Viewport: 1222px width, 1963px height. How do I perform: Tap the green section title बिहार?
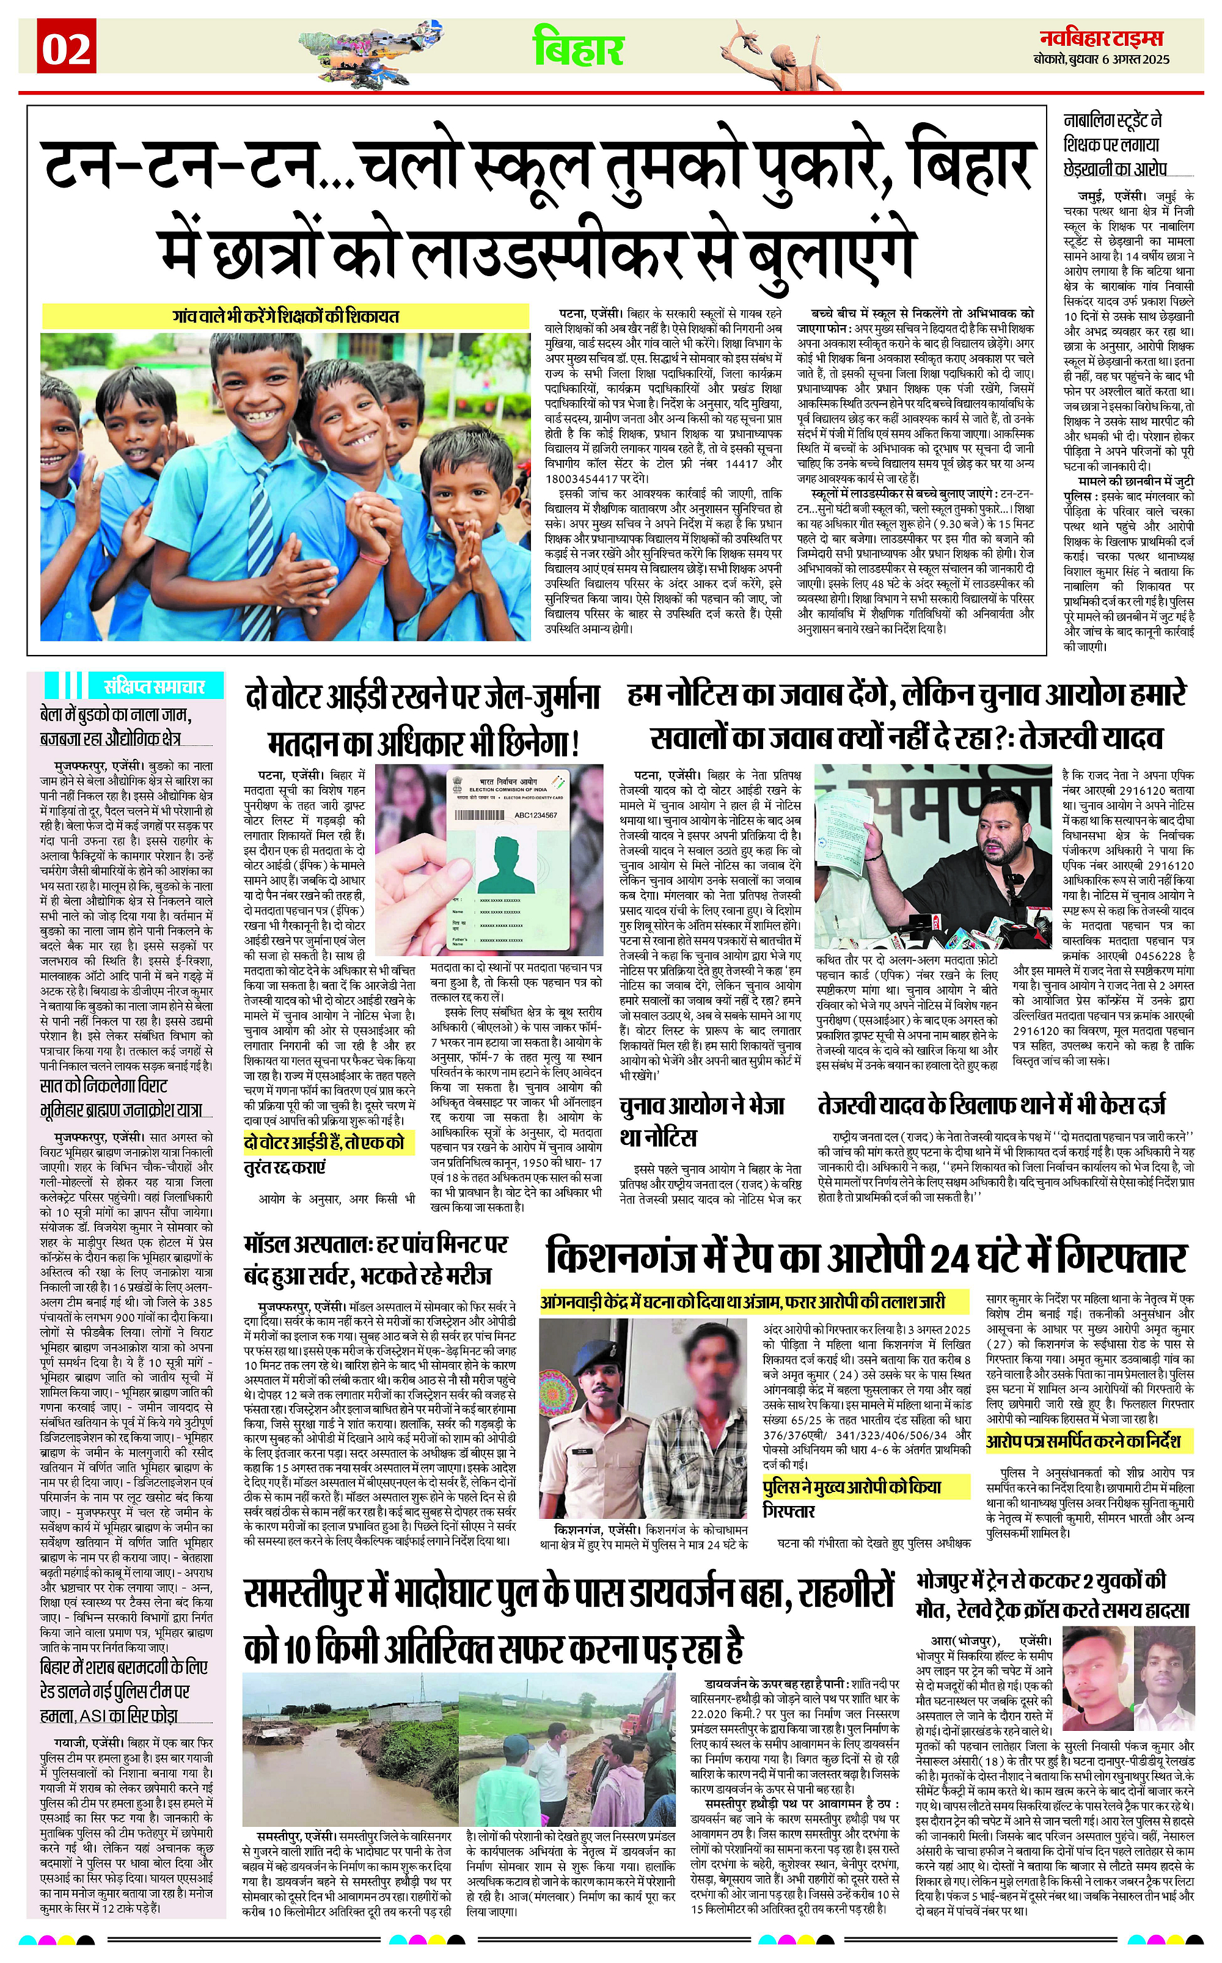(x=578, y=48)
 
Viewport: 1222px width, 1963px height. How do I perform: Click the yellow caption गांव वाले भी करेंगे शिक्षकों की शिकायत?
(x=285, y=316)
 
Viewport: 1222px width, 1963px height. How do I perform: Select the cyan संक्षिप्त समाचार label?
(x=153, y=687)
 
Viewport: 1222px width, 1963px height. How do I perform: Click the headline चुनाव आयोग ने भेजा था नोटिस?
(x=701, y=1121)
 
